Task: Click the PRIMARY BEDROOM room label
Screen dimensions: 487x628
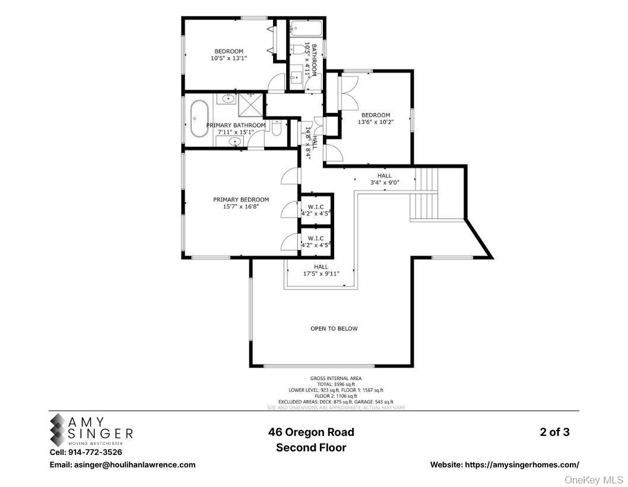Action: coord(241,200)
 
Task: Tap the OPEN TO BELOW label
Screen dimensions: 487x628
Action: coord(334,328)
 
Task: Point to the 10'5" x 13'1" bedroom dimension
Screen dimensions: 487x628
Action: coord(228,58)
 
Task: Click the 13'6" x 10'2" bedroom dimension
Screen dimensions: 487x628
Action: coord(376,122)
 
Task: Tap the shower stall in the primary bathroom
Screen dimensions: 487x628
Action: coord(249,105)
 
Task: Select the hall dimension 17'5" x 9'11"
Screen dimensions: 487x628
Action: coord(321,274)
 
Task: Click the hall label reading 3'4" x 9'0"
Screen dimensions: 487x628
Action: coord(384,183)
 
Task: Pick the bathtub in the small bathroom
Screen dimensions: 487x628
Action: coord(306,27)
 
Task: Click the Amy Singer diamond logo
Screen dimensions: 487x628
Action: coord(59,430)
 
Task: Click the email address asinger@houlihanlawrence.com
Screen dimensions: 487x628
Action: coord(122,465)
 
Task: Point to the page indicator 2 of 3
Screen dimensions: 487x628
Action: coord(554,432)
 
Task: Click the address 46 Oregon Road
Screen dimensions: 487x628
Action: coord(311,432)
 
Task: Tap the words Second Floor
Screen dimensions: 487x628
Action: coord(311,448)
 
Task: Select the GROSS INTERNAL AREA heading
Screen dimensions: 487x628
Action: coord(335,378)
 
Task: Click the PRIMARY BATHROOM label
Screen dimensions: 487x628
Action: coord(236,125)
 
